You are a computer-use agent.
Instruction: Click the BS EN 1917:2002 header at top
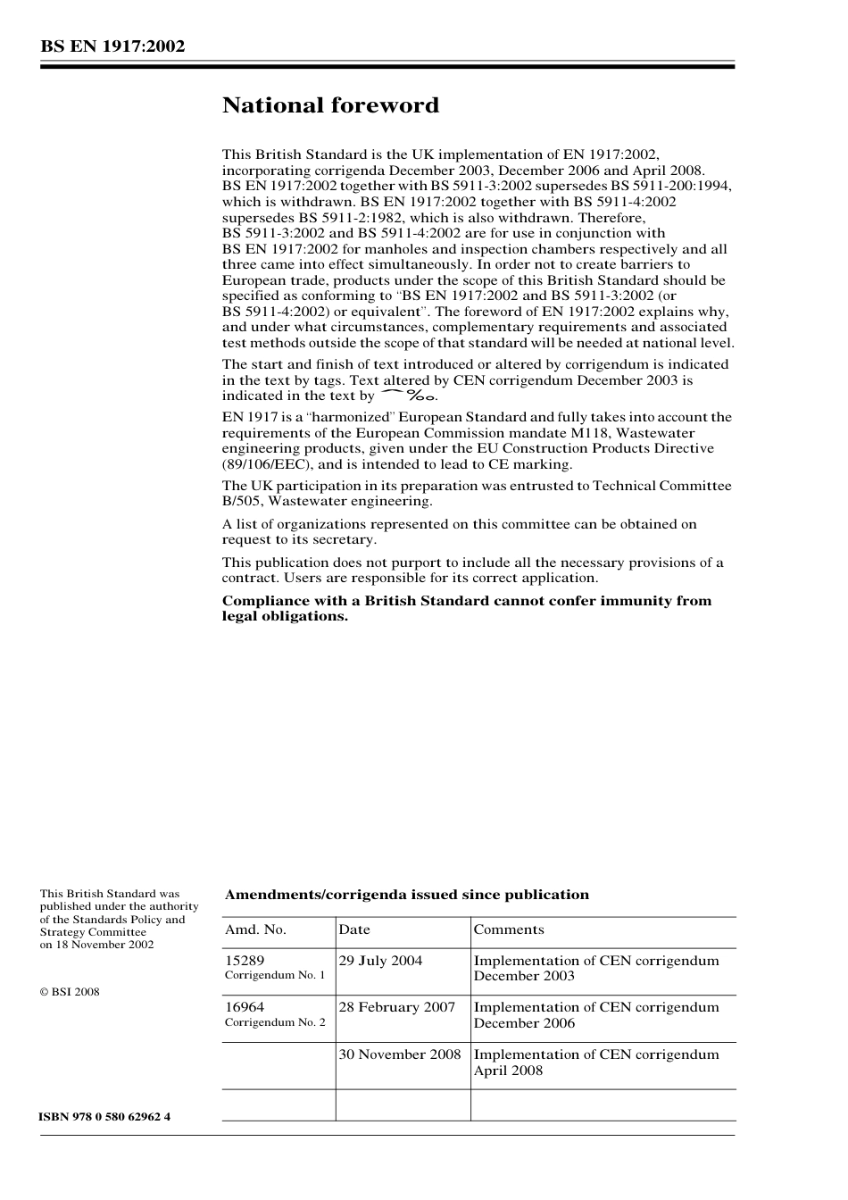tap(112, 46)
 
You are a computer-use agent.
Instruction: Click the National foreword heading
tap(330, 106)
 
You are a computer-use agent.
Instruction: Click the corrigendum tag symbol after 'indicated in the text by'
tap(408, 396)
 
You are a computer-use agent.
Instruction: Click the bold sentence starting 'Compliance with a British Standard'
tap(466, 608)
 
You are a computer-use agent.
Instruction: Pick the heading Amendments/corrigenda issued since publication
tap(406, 895)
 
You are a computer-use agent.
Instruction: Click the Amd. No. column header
tap(255, 929)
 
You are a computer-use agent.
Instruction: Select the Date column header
tap(354, 929)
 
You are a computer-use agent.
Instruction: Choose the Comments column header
tap(509, 929)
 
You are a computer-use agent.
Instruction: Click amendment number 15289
tap(245, 961)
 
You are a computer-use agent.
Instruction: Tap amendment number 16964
tap(245, 1007)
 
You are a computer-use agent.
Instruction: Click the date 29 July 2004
tap(380, 961)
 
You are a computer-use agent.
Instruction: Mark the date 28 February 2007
tap(397, 1007)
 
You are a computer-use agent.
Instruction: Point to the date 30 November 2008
tap(400, 1054)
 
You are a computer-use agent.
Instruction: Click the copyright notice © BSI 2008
tap(70, 992)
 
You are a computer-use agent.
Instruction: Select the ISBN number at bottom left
tap(105, 1117)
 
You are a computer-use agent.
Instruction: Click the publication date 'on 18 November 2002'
tap(96, 945)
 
